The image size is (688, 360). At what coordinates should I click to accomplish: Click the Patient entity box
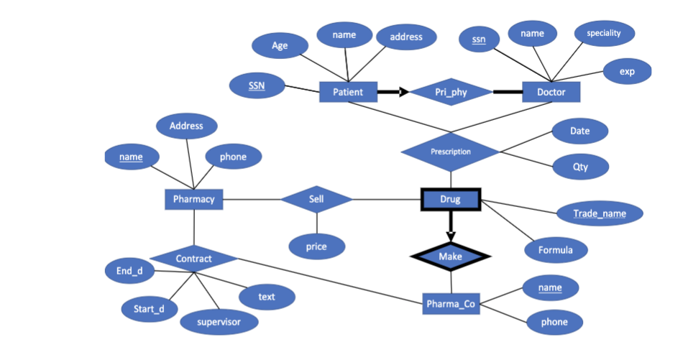pos(348,92)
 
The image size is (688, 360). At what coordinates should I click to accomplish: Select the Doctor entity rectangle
pos(551,92)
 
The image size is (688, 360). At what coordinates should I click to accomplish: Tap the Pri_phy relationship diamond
pos(451,92)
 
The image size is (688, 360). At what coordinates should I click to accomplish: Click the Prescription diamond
pos(450,152)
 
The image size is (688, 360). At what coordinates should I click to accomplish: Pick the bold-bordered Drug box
pos(450,199)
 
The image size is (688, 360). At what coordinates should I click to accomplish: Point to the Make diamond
pos(450,257)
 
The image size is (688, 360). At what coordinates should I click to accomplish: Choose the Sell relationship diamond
pos(316,199)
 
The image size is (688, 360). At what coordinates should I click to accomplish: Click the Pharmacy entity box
pos(193,199)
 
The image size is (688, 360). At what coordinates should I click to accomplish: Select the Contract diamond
pos(193,258)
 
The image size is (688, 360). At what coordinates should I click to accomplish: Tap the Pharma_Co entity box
pos(450,304)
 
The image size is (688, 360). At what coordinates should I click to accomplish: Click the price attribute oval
pos(316,246)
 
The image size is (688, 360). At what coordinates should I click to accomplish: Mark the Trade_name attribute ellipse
pos(599,213)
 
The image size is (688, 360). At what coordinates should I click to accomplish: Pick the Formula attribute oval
pos(555,250)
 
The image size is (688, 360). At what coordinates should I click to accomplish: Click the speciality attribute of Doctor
pos(603,33)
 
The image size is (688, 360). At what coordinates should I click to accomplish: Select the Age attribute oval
pos(280,46)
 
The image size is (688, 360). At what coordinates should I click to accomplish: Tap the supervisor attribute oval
pos(219,322)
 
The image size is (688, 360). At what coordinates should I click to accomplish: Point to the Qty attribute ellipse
pos(580,167)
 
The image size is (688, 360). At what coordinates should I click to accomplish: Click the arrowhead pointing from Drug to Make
pos(450,236)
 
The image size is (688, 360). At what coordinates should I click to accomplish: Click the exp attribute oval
pos(626,71)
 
